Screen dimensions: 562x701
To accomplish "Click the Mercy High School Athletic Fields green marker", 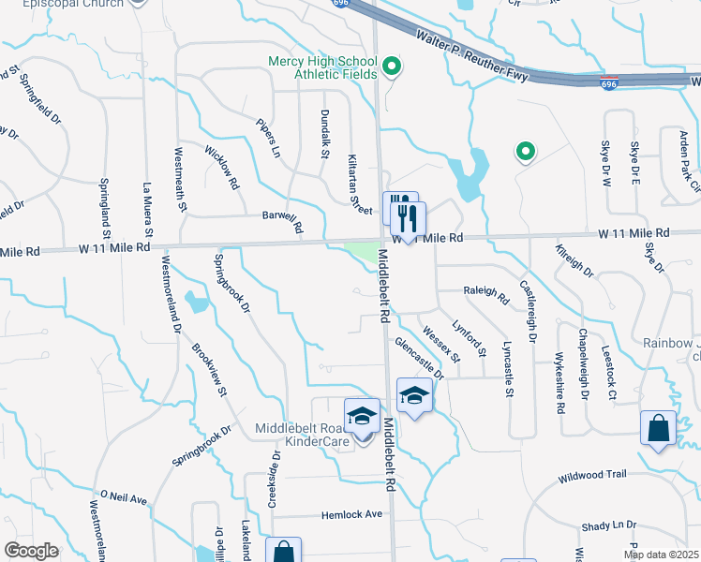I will coord(393,67).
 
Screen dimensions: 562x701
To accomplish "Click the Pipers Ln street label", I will coord(267,138).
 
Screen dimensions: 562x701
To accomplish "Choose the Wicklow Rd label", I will coord(222,167).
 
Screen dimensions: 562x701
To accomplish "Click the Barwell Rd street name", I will coord(284,221).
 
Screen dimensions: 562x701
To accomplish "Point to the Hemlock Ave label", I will coord(352,514).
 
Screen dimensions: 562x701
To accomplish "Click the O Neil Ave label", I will coord(124,498).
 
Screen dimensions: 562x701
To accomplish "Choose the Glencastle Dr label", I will coord(418,359).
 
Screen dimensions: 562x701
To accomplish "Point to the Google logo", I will coord(31,551).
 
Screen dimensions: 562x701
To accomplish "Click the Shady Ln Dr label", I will coord(608,526).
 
